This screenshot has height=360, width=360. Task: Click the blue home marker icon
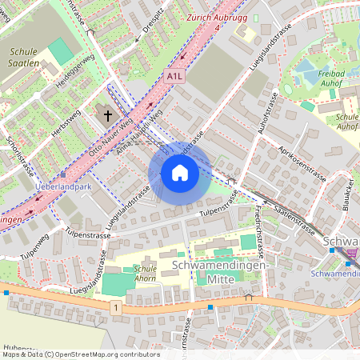tap(180, 173)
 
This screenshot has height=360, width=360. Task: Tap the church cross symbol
tap(108, 116)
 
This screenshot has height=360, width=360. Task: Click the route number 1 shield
tap(116, 306)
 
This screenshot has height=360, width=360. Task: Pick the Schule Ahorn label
tap(145, 274)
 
